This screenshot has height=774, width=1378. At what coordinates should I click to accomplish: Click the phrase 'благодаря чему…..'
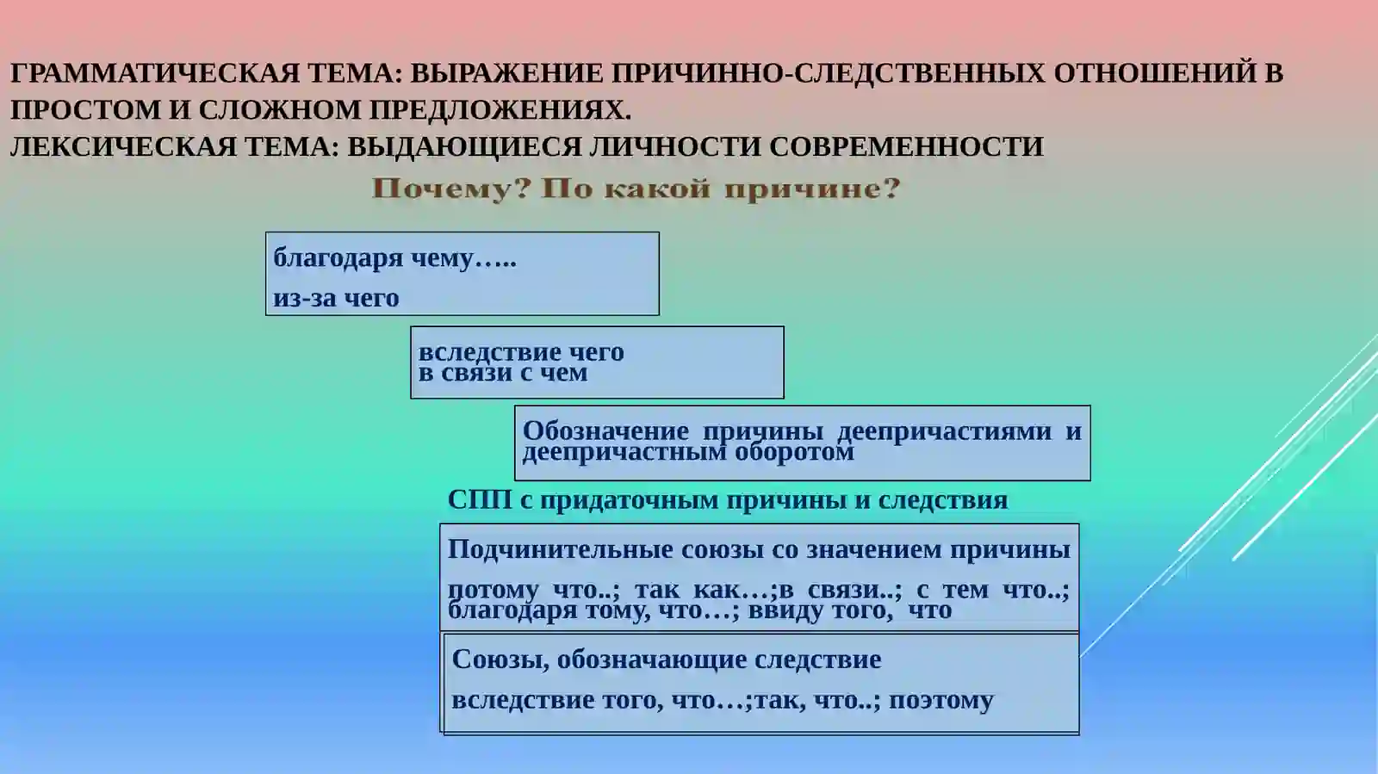click(394, 257)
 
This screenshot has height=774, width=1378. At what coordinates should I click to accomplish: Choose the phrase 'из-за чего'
click(336, 298)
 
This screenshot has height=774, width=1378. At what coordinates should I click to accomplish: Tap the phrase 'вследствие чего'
click(521, 351)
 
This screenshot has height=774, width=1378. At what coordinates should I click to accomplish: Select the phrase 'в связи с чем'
click(503, 373)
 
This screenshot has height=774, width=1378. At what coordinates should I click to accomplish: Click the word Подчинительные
click(560, 549)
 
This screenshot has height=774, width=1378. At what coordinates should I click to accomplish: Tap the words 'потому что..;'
click(534, 590)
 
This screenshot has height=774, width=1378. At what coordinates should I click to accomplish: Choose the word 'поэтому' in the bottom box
click(940, 700)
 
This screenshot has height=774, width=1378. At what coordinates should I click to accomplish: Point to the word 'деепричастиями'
click(944, 430)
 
